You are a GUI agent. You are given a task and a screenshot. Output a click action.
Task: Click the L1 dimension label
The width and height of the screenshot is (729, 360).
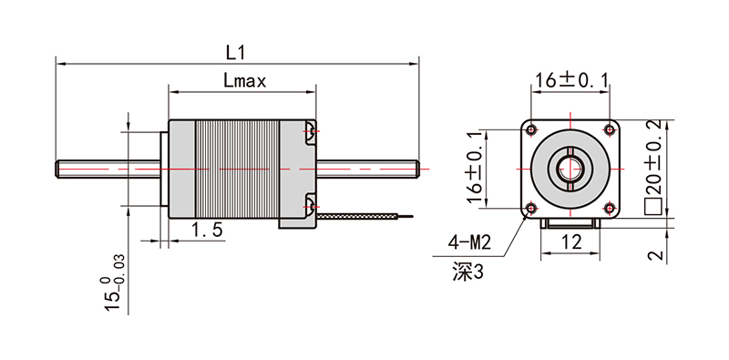click(235, 53)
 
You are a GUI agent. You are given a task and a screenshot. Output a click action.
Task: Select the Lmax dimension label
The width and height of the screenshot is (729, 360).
click(244, 81)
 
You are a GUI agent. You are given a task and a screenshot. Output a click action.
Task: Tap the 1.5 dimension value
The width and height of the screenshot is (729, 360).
click(208, 230)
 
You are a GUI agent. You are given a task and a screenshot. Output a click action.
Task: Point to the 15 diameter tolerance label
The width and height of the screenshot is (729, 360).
click(112, 283)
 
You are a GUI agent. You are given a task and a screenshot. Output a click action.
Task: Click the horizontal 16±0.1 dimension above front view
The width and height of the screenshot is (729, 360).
click(571, 81)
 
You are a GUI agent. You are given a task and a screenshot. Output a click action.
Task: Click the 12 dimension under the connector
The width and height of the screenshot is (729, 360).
click(571, 242)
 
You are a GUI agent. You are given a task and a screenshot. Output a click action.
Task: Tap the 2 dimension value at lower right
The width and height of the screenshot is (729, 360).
click(654, 255)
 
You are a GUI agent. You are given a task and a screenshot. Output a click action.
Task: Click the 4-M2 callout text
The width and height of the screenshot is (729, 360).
click(468, 242)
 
